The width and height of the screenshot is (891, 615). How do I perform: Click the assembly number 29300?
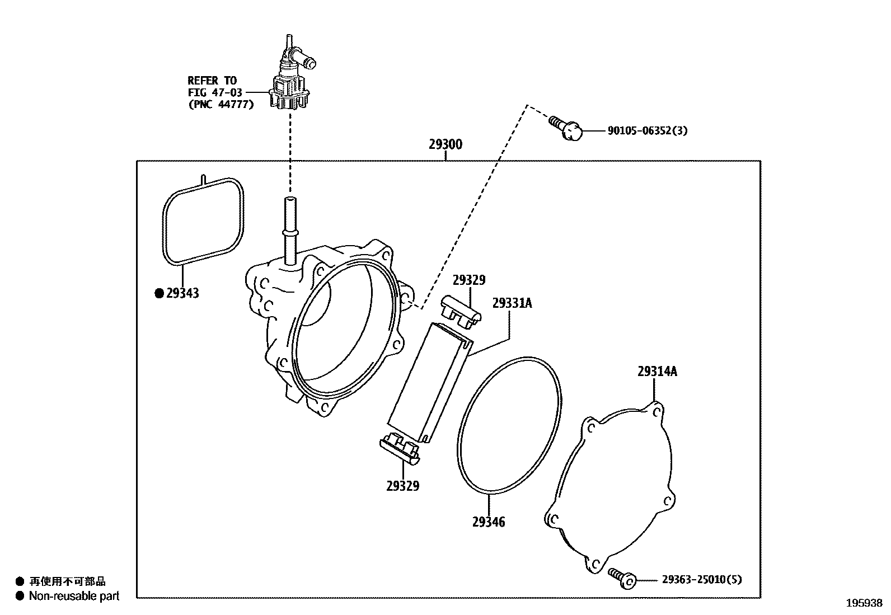point(446,144)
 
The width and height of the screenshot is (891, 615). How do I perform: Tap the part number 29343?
point(182,293)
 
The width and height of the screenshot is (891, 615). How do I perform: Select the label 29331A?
point(512,303)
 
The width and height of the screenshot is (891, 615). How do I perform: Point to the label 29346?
point(489,522)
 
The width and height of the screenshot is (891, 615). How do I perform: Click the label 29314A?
point(657,372)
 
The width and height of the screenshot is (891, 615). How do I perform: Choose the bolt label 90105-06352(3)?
point(648,131)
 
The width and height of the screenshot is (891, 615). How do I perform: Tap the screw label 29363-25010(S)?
point(702,580)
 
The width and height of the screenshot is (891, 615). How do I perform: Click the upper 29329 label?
point(469,280)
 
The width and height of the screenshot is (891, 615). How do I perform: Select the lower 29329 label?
point(402,486)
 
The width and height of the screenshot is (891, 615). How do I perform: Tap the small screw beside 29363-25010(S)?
point(622,578)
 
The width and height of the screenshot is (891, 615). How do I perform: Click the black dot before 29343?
point(159,293)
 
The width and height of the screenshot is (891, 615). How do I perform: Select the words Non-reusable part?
point(74,597)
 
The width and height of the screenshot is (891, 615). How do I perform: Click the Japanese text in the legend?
point(67,582)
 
